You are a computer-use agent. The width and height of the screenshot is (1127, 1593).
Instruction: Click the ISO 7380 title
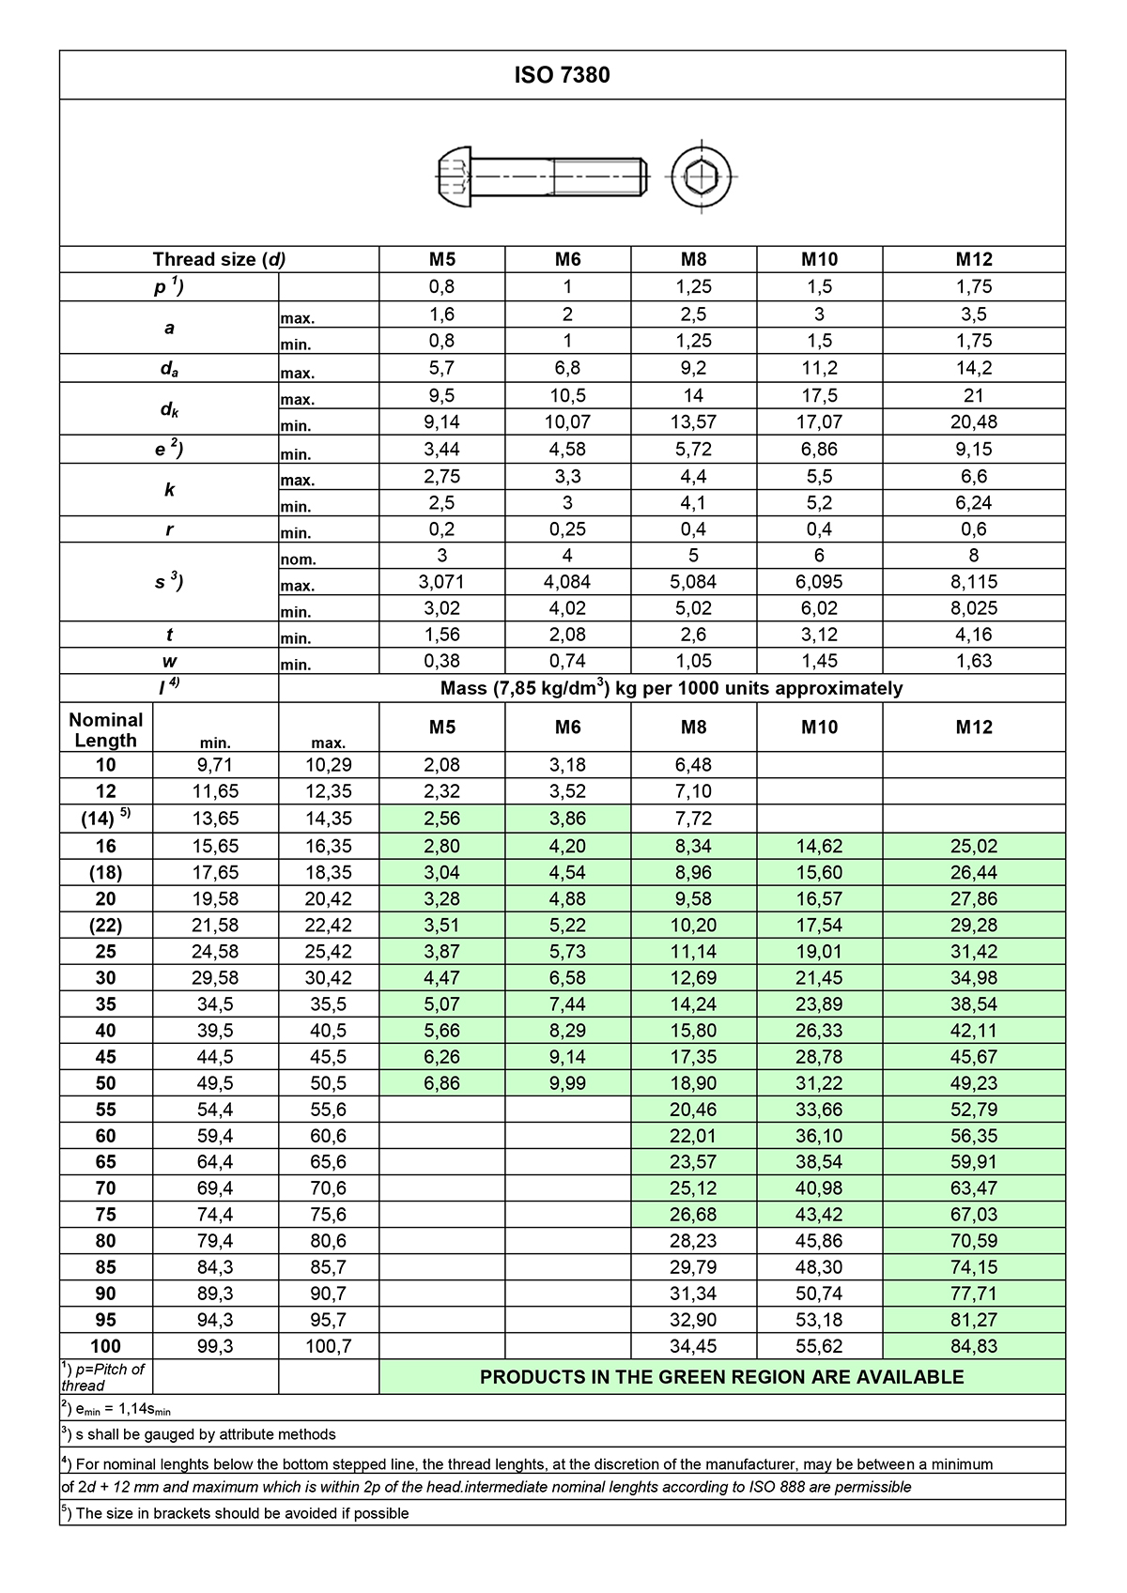[562, 75]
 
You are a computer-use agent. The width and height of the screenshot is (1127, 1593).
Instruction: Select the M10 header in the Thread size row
[819, 260]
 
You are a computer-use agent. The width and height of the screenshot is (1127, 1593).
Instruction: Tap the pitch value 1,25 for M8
[693, 287]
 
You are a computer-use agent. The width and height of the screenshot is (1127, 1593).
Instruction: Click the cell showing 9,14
[441, 422]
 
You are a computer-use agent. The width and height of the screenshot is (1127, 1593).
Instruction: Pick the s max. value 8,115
[974, 582]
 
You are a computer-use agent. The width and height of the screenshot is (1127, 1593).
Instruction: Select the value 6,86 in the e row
[819, 450]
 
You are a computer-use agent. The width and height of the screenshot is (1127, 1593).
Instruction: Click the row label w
[169, 661]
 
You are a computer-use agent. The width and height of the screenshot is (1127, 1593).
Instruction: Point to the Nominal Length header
[106, 729]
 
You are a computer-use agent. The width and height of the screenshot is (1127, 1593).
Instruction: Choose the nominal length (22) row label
[106, 926]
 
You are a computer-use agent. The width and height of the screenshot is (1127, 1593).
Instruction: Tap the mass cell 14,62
[819, 847]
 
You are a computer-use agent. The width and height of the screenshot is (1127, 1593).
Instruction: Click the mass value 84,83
[974, 1346]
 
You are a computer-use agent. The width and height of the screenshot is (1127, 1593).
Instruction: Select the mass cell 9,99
[567, 1083]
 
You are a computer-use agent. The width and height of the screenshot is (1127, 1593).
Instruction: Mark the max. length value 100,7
[329, 1346]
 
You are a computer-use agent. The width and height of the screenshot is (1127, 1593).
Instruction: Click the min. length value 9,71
[215, 765]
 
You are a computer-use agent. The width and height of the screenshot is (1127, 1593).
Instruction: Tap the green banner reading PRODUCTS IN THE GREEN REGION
[721, 1377]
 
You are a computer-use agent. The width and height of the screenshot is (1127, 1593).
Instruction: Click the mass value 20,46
[693, 1110]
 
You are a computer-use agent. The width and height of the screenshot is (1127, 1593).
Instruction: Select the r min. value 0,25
[567, 529]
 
